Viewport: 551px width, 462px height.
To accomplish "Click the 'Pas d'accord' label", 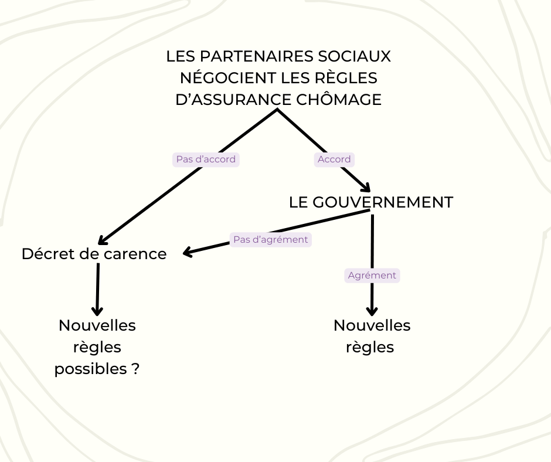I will click(206, 159).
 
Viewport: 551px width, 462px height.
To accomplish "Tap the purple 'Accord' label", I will click(334, 159).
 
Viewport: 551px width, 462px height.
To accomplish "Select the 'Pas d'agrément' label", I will click(270, 239).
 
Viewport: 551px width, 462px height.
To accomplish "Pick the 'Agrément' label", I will click(372, 276).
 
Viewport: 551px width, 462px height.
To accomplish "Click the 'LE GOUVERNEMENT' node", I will click(370, 202).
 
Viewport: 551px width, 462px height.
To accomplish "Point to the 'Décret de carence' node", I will click(94, 254).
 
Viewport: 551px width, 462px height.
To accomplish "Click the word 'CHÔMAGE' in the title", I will click(339, 100).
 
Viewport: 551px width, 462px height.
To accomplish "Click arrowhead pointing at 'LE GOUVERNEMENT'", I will click(366, 188).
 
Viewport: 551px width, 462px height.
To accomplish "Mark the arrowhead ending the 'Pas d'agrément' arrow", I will click(188, 253).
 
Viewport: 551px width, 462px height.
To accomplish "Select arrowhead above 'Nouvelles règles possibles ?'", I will click(97, 311).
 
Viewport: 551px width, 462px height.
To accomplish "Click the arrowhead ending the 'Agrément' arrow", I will click(371, 311).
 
